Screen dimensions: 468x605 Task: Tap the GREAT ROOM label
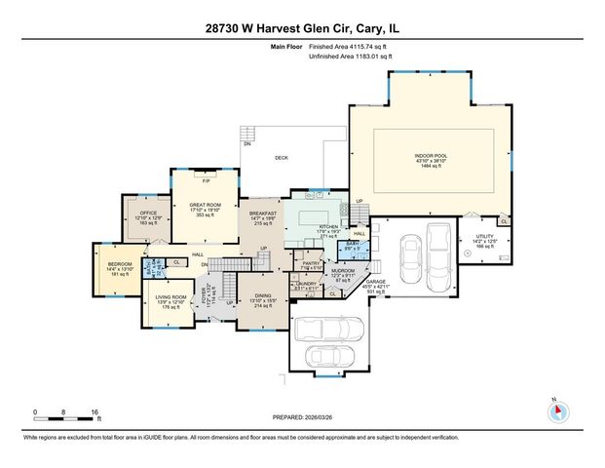point(205,205)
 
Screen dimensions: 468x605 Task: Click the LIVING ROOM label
point(171,297)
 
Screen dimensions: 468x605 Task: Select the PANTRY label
point(311,263)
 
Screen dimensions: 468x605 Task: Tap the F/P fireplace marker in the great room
point(205,181)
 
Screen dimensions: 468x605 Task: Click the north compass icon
point(557,410)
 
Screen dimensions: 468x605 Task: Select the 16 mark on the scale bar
point(95,413)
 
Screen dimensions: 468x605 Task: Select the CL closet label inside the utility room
point(504,221)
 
